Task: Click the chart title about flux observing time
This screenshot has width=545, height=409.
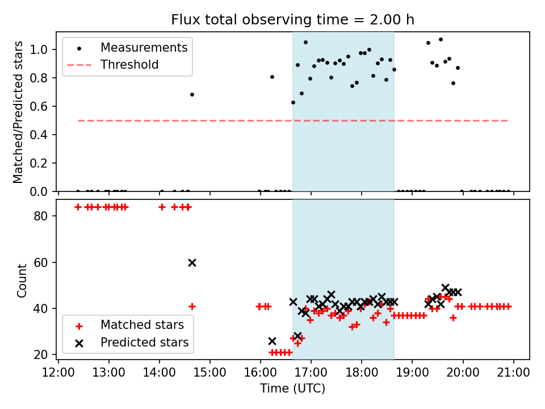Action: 292,20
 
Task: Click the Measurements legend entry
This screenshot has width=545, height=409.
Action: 144,48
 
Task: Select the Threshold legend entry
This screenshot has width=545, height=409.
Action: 129,65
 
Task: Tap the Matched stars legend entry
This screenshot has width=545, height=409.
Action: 142,325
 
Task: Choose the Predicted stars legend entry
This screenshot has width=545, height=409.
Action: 144,343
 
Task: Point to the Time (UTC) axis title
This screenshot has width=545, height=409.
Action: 292,389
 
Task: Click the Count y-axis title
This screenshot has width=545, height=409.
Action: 22,281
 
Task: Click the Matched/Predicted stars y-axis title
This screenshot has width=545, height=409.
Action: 19,112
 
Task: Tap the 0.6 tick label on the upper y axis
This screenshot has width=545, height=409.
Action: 39,106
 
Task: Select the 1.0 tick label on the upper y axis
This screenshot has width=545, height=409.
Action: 39,49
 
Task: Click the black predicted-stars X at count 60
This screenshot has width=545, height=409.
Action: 192,262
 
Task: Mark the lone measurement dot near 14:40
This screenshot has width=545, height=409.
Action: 192,94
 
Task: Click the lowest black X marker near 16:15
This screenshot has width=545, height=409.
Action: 272,341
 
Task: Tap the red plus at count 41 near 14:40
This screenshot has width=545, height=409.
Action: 192,306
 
